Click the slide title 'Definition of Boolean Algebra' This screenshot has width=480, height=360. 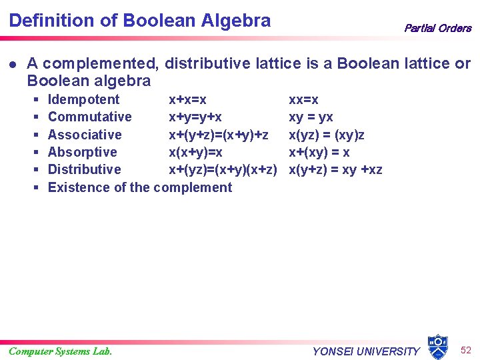pyautogui.click(x=140, y=20)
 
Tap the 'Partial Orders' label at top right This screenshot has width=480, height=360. pyautogui.click(x=437, y=28)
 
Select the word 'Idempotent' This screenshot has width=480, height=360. pyautogui.click(x=84, y=100)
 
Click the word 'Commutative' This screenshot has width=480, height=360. pyautogui.click(x=90, y=117)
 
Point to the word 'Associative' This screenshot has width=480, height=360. pyautogui.click(x=85, y=135)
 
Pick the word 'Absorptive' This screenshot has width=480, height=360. pyautogui.click(x=83, y=152)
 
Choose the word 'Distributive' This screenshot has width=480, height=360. pyautogui.click(x=85, y=169)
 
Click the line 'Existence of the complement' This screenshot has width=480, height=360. pyautogui.click(x=140, y=187)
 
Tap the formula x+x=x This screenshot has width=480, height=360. pyautogui.click(x=187, y=100)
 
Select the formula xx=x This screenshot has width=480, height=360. pyautogui.click(x=303, y=100)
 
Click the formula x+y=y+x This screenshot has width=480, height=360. pyautogui.click(x=195, y=117)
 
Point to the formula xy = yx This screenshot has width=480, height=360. pyautogui.click(x=311, y=117)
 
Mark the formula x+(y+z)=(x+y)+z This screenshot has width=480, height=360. pyautogui.click(x=219, y=135)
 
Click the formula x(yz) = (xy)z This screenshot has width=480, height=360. pyautogui.click(x=326, y=135)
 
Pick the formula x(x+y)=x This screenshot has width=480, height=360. pyautogui.click(x=195, y=152)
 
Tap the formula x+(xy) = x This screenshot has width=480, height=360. pyautogui.click(x=319, y=152)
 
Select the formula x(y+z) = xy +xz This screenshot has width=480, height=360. pyautogui.click(x=335, y=169)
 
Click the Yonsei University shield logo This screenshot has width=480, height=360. pyautogui.click(x=437, y=346)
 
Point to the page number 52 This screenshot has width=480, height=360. pyautogui.click(x=466, y=349)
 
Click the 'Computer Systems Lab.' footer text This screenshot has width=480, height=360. pyautogui.click(x=61, y=351)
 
